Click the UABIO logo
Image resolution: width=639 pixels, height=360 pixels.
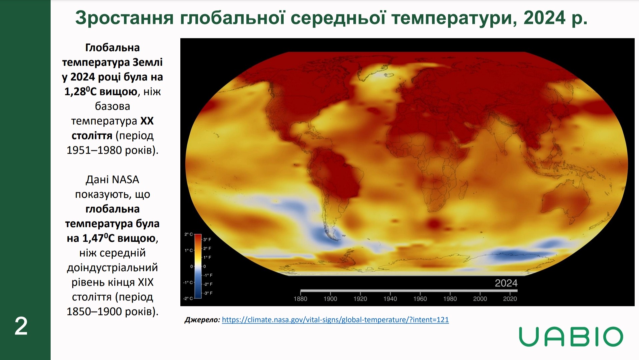[571, 337]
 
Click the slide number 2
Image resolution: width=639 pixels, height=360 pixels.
[21, 327]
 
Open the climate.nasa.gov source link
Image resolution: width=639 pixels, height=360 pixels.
[335, 320]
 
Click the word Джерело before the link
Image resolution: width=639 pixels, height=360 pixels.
[202, 320]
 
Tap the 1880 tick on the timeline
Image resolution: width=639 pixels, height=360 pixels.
[300, 298]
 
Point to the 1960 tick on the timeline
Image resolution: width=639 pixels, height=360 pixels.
[420, 298]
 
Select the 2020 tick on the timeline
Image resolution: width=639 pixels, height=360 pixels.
[510, 298]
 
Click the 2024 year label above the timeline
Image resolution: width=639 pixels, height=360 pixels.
[506, 283]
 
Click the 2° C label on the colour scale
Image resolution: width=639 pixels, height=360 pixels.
[189, 234]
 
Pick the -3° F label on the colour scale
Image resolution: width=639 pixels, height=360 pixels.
[208, 293]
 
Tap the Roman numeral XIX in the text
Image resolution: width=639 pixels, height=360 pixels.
[146, 282]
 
